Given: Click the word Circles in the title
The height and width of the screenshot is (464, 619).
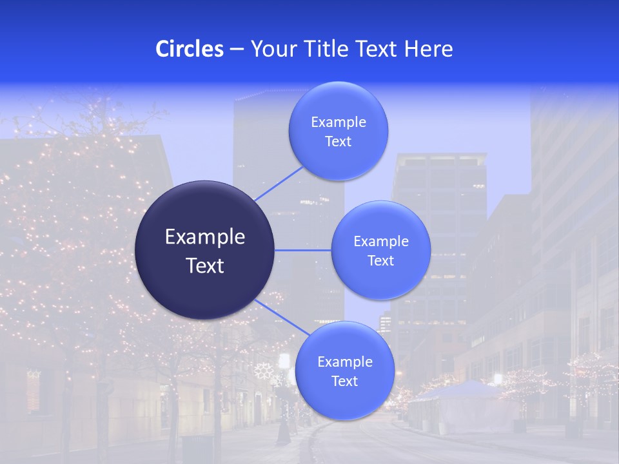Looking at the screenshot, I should point(190,49).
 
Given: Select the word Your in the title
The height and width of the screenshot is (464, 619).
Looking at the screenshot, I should point(271,49).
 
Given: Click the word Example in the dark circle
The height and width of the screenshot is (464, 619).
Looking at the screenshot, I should point(204,237).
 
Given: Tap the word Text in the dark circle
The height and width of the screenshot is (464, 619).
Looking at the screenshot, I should point(204,266).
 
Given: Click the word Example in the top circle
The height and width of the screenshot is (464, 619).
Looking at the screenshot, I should point(339,122).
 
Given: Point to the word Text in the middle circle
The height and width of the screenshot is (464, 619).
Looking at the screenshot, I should point(381,261).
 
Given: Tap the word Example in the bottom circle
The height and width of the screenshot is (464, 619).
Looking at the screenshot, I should point(345,362).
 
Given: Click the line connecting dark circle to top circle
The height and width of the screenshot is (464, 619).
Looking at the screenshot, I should point(279,184).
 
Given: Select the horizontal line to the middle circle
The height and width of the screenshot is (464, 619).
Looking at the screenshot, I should point(303,250).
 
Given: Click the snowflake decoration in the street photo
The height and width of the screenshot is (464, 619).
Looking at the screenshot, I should point(262,371).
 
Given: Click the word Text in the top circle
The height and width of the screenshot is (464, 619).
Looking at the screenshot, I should point(339,142).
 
